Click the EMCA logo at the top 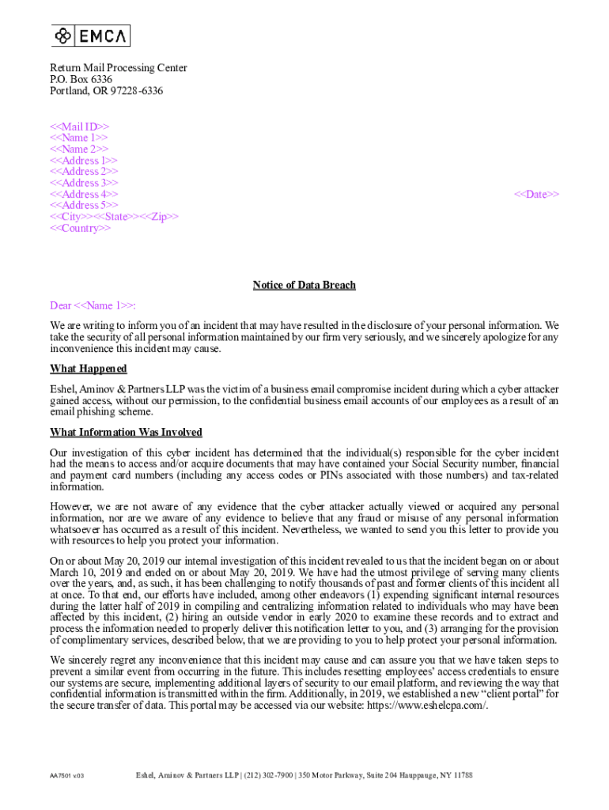91,36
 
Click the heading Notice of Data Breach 304,285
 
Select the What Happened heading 89,369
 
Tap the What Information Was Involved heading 127,432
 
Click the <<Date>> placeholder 537,195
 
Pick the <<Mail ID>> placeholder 80,127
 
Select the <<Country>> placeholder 81,229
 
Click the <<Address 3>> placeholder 84,183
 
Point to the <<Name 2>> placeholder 79,149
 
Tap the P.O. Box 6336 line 81,79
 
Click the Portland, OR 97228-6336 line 107,91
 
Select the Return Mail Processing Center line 119,68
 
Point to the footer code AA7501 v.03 66,776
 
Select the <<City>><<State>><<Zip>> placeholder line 115,217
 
